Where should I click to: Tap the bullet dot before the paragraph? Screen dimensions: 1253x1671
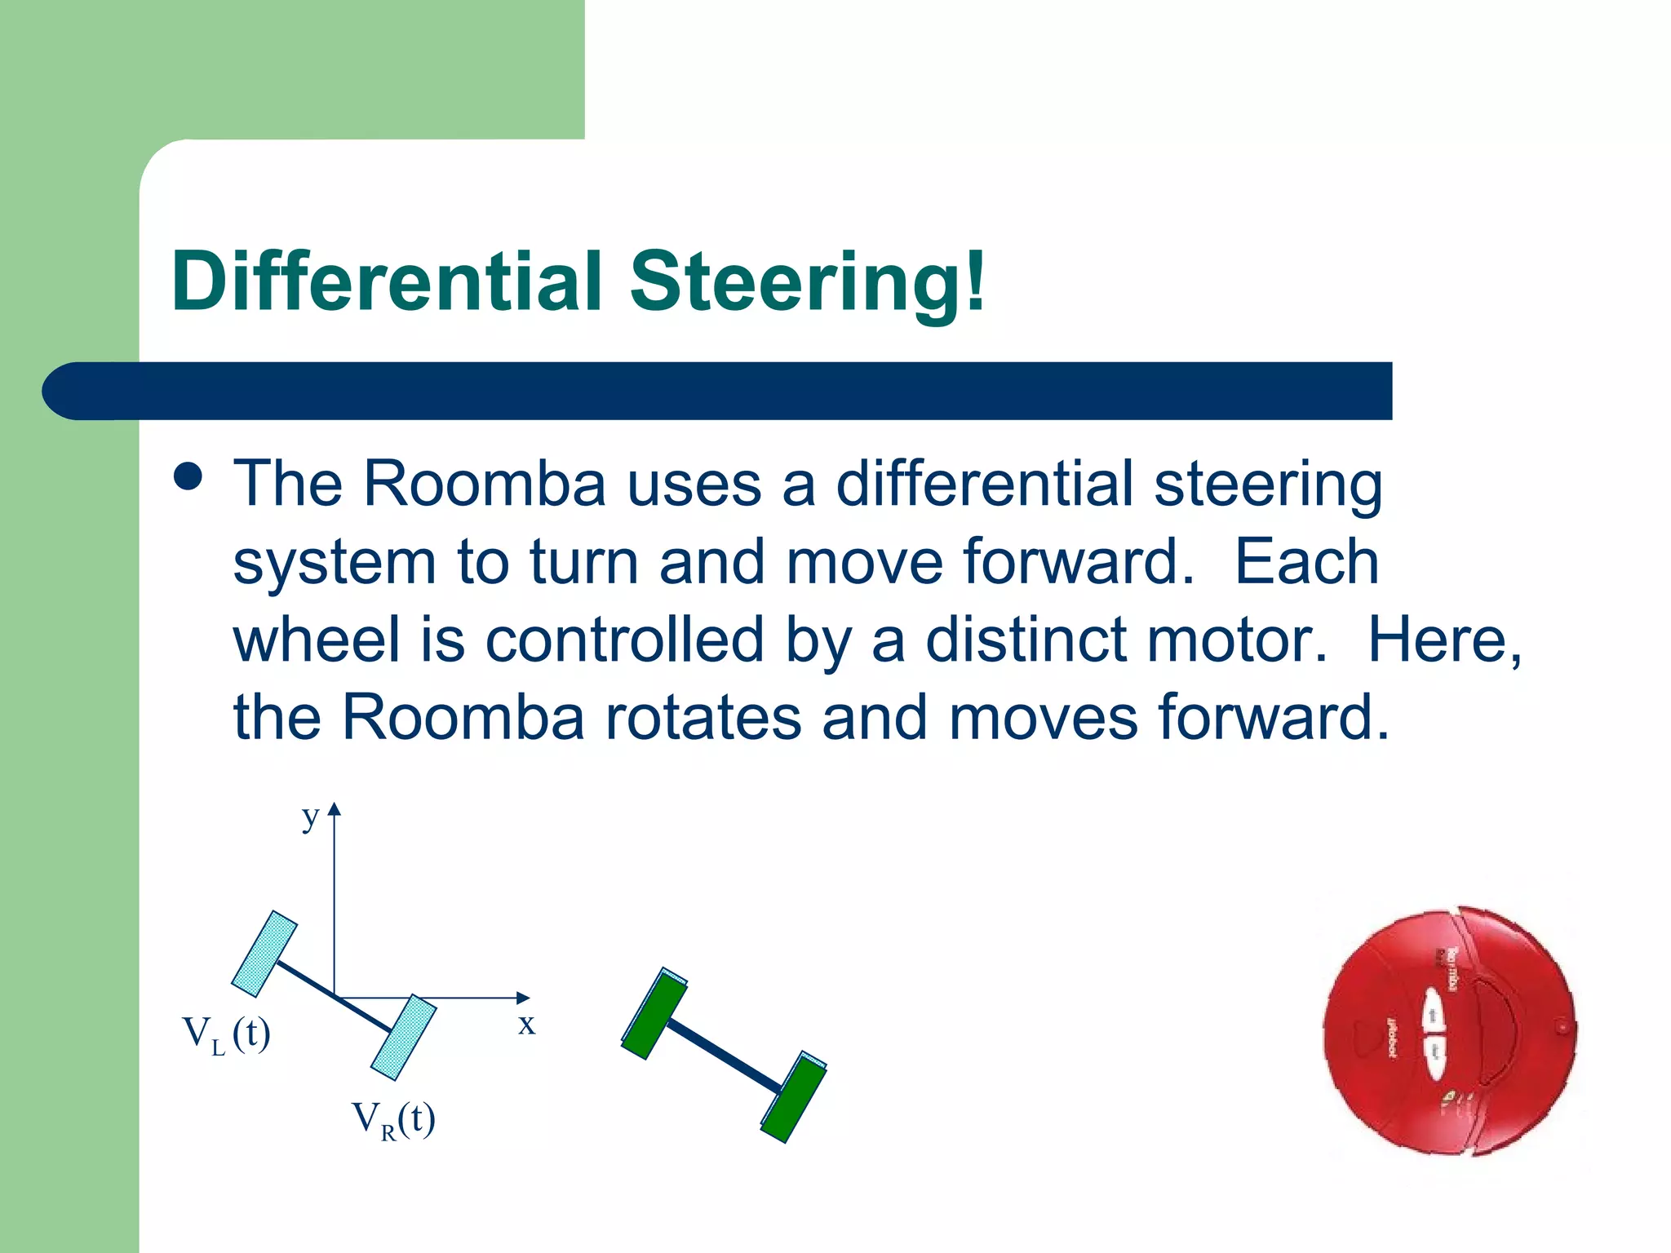[188, 477]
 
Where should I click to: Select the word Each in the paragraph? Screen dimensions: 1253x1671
[1306, 562]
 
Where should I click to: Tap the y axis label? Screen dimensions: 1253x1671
[309, 816]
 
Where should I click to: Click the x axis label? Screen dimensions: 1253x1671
[526, 1024]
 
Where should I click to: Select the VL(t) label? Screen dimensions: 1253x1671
[226, 1034]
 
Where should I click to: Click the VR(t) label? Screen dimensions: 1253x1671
[393, 1119]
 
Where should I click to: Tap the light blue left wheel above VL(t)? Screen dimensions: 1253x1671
[264, 954]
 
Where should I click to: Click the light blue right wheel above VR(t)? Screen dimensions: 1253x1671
[403, 1038]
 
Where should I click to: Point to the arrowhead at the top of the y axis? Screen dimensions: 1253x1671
[334, 809]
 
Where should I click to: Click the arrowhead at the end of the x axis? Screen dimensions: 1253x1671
[523, 998]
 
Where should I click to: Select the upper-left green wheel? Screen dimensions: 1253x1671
[654, 1014]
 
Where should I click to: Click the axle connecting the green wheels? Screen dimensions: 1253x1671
[725, 1056]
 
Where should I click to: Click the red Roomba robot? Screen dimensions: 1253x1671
[1449, 1029]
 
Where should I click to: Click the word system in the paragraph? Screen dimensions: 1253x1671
[335, 562]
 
